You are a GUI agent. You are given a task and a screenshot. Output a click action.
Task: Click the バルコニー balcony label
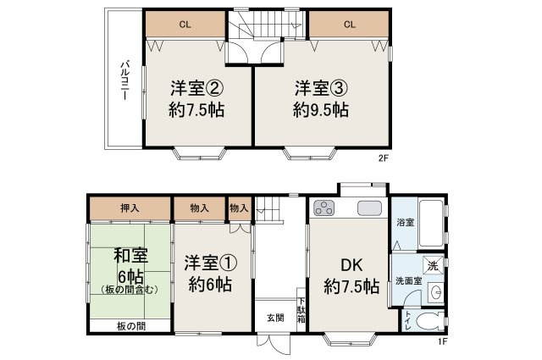point(124,80)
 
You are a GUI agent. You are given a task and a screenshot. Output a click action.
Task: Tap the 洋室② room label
point(197,88)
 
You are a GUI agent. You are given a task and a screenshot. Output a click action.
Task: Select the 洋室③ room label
point(321,88)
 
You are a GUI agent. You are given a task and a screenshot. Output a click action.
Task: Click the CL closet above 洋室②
point(184,25)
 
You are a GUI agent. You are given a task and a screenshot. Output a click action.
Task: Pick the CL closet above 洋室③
point(349,25)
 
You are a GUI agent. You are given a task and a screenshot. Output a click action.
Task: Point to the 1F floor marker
point(441,342)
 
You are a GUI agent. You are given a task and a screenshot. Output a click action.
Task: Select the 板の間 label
point(130,326)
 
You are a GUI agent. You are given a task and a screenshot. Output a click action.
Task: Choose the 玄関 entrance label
point(276,318)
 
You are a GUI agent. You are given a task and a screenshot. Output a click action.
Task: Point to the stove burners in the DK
point(324,208)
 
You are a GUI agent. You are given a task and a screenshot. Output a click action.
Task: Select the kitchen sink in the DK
point(371,208)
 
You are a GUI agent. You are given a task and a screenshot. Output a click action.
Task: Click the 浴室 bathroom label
point(404,223)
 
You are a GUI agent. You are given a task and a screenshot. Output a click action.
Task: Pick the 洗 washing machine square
point(432,265)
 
